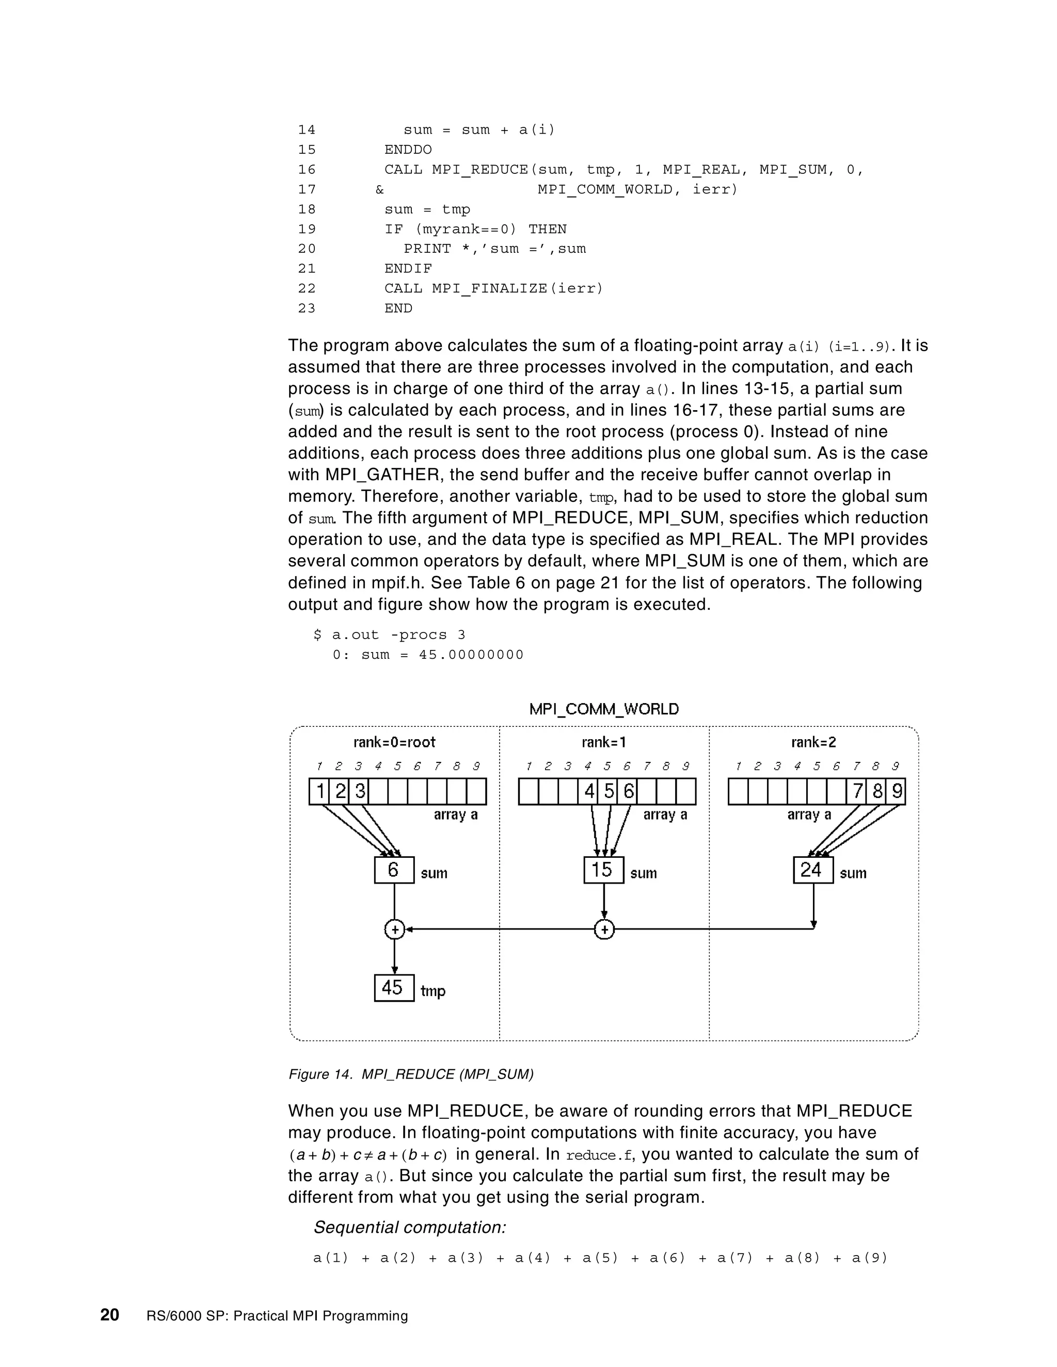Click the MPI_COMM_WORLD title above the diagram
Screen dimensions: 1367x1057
604,709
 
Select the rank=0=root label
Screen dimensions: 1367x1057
394,742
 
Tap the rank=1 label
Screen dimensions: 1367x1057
604,742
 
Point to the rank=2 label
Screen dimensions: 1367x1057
813,742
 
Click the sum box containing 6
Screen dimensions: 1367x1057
394,870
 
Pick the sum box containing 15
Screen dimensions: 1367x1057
603,870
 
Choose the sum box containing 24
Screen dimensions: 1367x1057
813,870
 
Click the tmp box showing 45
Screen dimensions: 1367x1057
394,988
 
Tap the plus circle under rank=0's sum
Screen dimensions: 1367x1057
394,930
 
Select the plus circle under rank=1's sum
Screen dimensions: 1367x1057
604,930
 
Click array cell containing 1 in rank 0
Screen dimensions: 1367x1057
319,792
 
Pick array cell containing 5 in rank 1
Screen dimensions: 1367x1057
608,792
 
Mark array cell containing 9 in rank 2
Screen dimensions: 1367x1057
896,792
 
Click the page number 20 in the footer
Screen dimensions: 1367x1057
109,1315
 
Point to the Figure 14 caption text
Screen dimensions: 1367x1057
411,1074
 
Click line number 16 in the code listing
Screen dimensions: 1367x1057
307,170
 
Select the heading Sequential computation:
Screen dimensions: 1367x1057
409,1227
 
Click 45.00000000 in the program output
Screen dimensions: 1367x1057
471,655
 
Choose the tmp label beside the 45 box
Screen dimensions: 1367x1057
433,991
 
